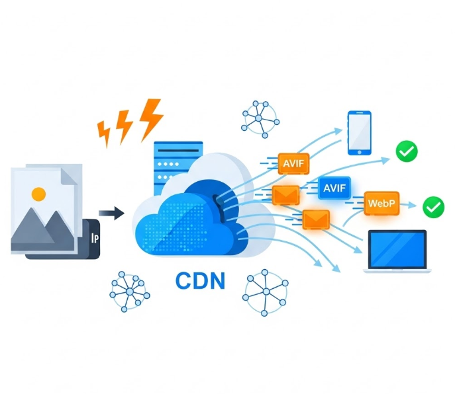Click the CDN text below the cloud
(x=201, y=280)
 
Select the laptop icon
(x=397, y=251)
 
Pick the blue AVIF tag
(x=334, y=188)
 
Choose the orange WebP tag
(x=381, y=203)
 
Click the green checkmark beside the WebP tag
(x=433, y=207)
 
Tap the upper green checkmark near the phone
(x=406, y=152)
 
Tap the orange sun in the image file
(x=39, y=194)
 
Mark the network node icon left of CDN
(x=129, y=290)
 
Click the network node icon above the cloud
(x=260, y=119)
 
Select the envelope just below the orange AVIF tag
(x=286, y=194)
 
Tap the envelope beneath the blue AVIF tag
(x=316, y=218)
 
